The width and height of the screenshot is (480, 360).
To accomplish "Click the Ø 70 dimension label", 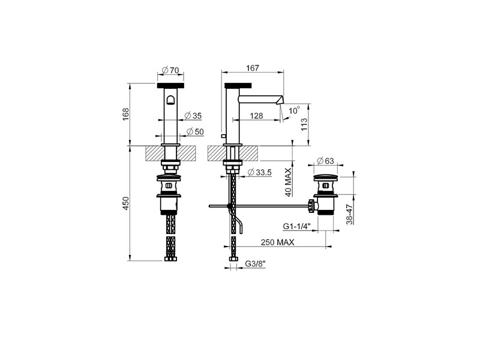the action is click(170, 70).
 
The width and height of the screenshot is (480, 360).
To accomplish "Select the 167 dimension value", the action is click(253, 68).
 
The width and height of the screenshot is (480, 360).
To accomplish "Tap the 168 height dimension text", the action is click(126, 114).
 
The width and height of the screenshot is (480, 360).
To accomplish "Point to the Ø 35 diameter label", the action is click(193, 116).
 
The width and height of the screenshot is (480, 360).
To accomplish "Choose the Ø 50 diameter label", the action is click(195, 131).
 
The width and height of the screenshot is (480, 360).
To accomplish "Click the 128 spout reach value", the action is click(256, 116).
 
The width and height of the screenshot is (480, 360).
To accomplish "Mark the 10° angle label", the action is click(294, 110).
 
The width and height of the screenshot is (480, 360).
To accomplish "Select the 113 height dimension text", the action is click(304, 125).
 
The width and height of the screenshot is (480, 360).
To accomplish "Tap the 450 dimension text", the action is click(126, 203).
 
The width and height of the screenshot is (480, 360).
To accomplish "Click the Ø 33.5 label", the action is click(260, 173).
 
